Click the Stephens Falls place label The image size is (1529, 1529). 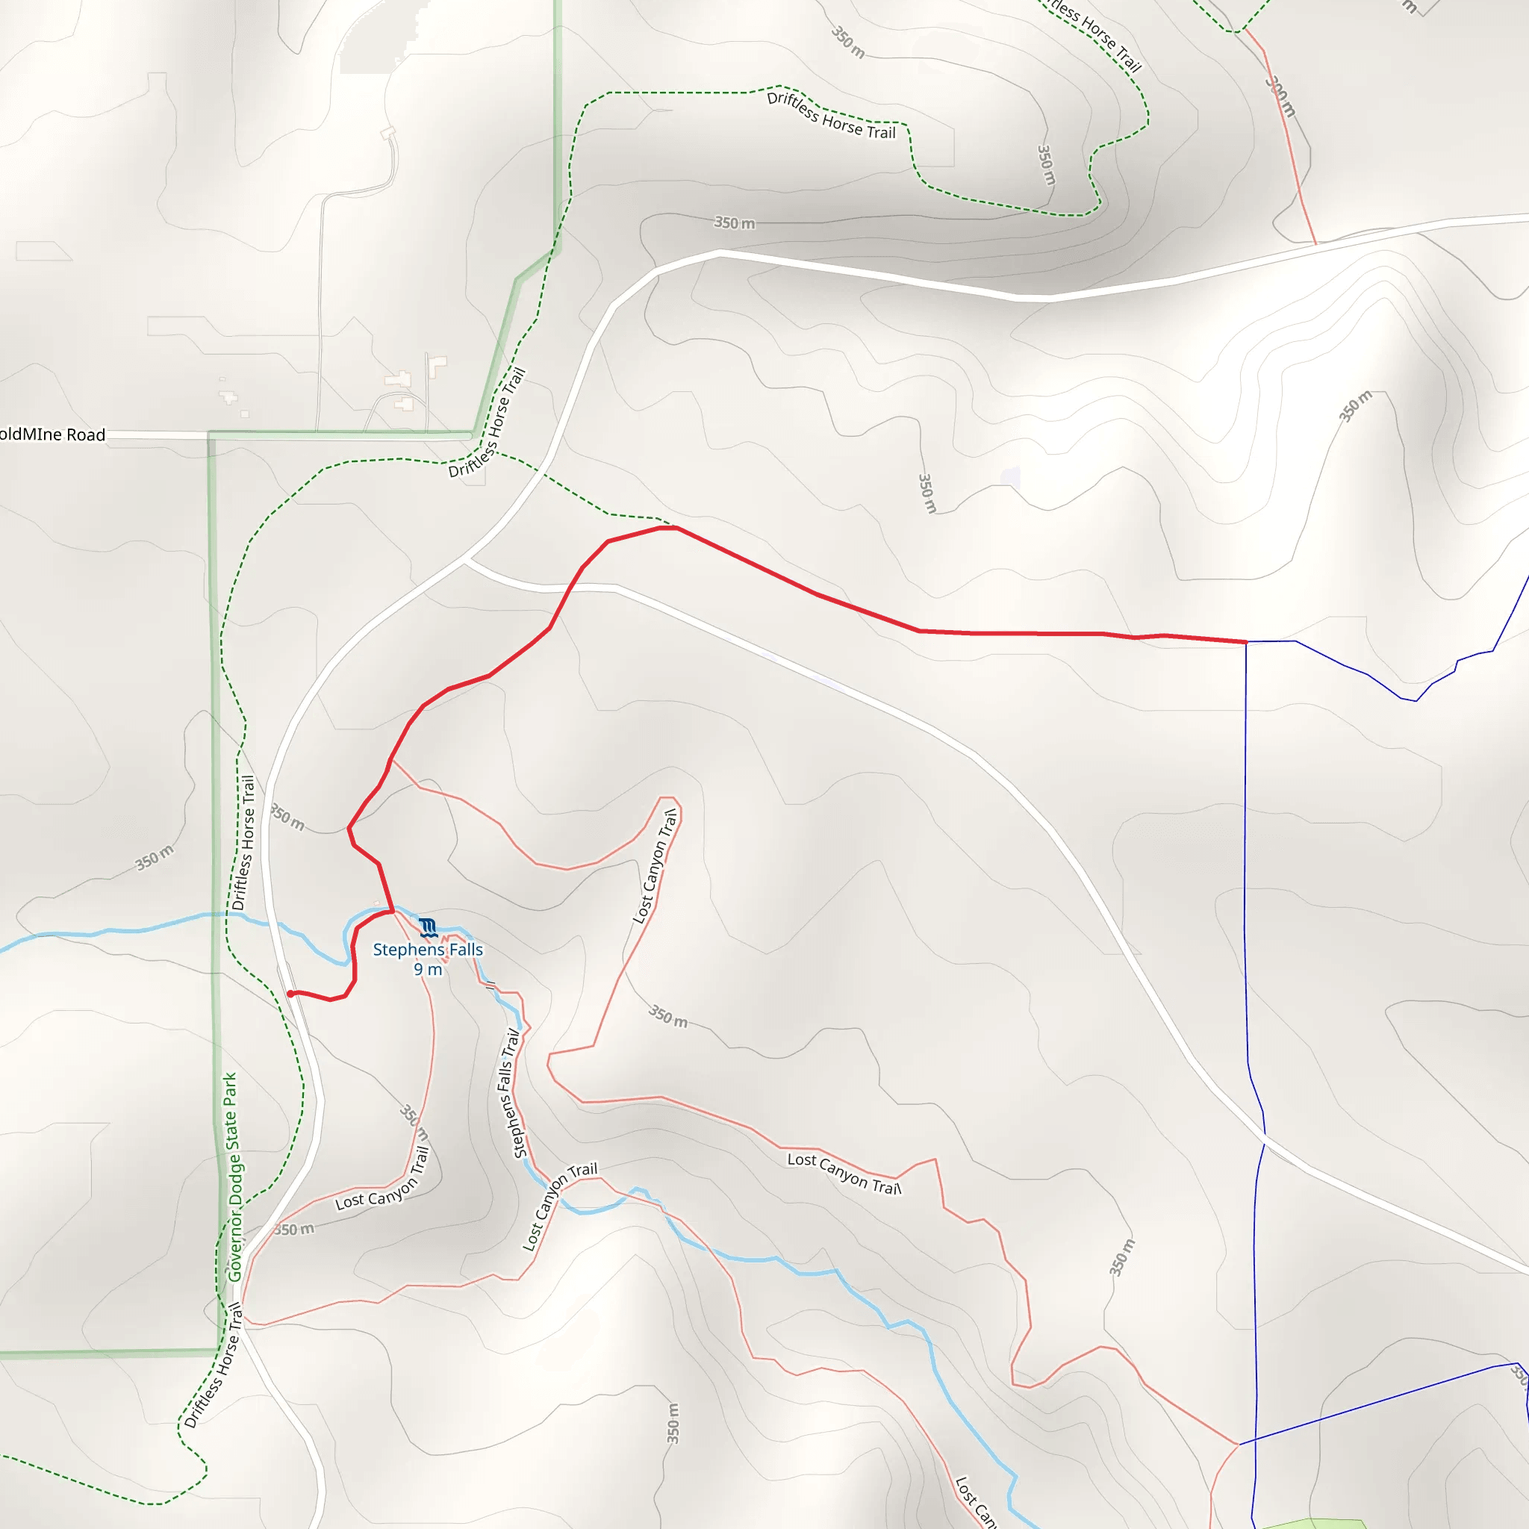pos(427,950)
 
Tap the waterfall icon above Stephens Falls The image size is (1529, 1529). pos(428,927)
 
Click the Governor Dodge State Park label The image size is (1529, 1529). pos(231,1177)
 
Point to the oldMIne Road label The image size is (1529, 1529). pos(52,435)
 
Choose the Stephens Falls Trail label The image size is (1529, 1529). pos(511,1093)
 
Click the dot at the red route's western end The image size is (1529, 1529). pos(291,994)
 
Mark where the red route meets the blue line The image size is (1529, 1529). pos(1247,642)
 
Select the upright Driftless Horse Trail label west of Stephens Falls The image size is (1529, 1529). pos(243,843)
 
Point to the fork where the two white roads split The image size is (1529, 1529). pos(465,561)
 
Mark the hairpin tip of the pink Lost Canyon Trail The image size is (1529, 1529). pos(670,798)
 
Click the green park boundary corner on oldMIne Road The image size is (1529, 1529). pos(211,435)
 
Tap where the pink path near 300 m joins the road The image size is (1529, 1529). pos(1315,243)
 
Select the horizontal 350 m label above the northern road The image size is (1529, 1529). pos(735,223)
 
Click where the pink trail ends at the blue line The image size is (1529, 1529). pos(1239,1445)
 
